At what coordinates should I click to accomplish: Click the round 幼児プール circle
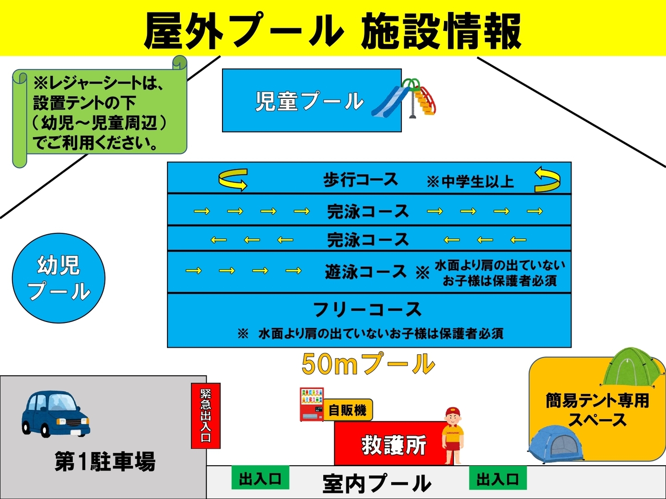point(59,278)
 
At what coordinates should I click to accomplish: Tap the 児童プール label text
point(309,101)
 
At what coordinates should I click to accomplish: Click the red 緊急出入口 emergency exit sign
point(206,416)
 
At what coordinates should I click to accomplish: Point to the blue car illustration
point(56,414)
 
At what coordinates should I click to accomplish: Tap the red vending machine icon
point(312,404)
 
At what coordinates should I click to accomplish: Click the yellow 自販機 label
point(348,410)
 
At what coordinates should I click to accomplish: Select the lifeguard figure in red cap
point(452,435)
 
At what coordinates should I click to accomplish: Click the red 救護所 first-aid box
point(394,443)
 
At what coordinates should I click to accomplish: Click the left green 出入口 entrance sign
point(260,478)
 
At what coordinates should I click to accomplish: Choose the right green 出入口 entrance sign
point(498,478)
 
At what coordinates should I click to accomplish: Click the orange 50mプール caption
point(368,364)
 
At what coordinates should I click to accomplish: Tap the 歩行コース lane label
point(361,179)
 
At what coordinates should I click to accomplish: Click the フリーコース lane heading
point(367,310)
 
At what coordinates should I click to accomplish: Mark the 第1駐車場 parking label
point(105,461)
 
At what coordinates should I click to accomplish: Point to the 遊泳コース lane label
point(366,271)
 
